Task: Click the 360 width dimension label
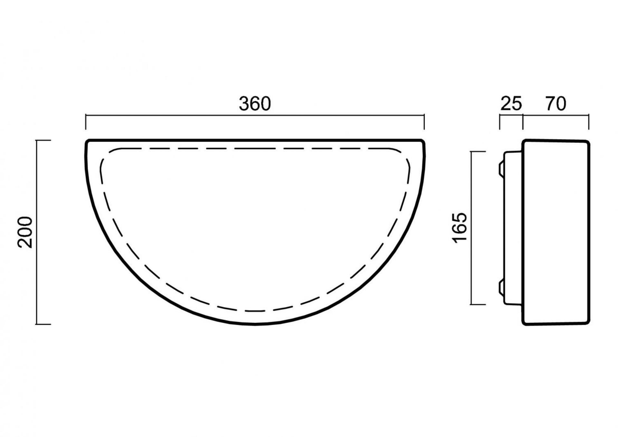pyautogui.click(x=255, y=104)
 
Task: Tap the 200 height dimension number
pyautogui.click(x=25, y=232)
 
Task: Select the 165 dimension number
pyautogui.click(x=460, y=228)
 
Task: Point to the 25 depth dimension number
pyautogui.click(x=511, y=104)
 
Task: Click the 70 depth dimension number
pyautogui.click(x=556, y=104)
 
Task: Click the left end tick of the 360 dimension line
pyautogui.click(x=86, y=122)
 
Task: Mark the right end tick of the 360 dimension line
pyautogui.click(x=424, y=122)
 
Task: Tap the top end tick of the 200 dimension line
pyautogui.click(x=43, y=141)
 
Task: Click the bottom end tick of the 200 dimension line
pyautogui.click(x=43, y=324)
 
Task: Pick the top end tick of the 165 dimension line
pyautogui.click(x=478, y=152)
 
